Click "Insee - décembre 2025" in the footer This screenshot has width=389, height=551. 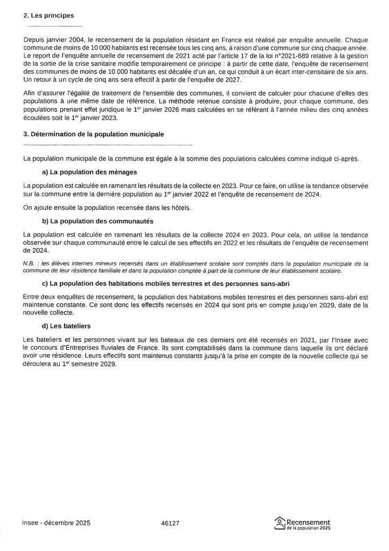[x=56, y=522]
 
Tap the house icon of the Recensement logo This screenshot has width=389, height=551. [x=279, y=522]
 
